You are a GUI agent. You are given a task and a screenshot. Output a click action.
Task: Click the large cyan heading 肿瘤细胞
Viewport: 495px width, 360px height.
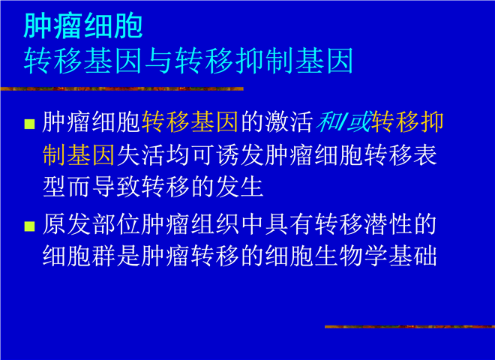[x=83, y=26]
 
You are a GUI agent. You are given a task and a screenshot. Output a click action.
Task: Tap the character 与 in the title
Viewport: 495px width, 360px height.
[x=159, y=61]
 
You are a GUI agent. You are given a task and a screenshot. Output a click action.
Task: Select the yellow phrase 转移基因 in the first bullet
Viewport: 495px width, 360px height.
[x=190, y=121]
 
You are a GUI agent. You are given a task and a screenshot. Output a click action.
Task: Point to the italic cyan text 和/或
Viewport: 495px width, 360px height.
[x=343, y=121]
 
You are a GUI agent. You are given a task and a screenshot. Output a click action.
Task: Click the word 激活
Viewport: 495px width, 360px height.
[x=289, y=121]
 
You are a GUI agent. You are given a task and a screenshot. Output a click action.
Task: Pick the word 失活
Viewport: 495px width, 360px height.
[x=141, y=155]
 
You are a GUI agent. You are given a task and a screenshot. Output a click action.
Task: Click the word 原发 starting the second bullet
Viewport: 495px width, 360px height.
[x=67, y=224]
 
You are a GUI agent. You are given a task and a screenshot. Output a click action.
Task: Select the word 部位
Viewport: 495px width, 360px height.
[x=116, y=224]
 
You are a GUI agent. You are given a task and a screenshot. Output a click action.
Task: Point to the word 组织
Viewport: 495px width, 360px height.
[x=215, y=224]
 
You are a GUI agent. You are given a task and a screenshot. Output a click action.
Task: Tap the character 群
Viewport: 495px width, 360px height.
[x=104, y=256]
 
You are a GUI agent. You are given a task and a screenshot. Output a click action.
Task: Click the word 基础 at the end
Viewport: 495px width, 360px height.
[x=413, y=256]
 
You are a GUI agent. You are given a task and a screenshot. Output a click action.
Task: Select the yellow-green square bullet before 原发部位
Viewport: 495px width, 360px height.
[x=30, y=226]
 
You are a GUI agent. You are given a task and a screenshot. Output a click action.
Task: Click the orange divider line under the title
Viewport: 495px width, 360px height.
[x=121, y=89]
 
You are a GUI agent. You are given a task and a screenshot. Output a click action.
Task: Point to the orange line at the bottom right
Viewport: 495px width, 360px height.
[x=409, y=327]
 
